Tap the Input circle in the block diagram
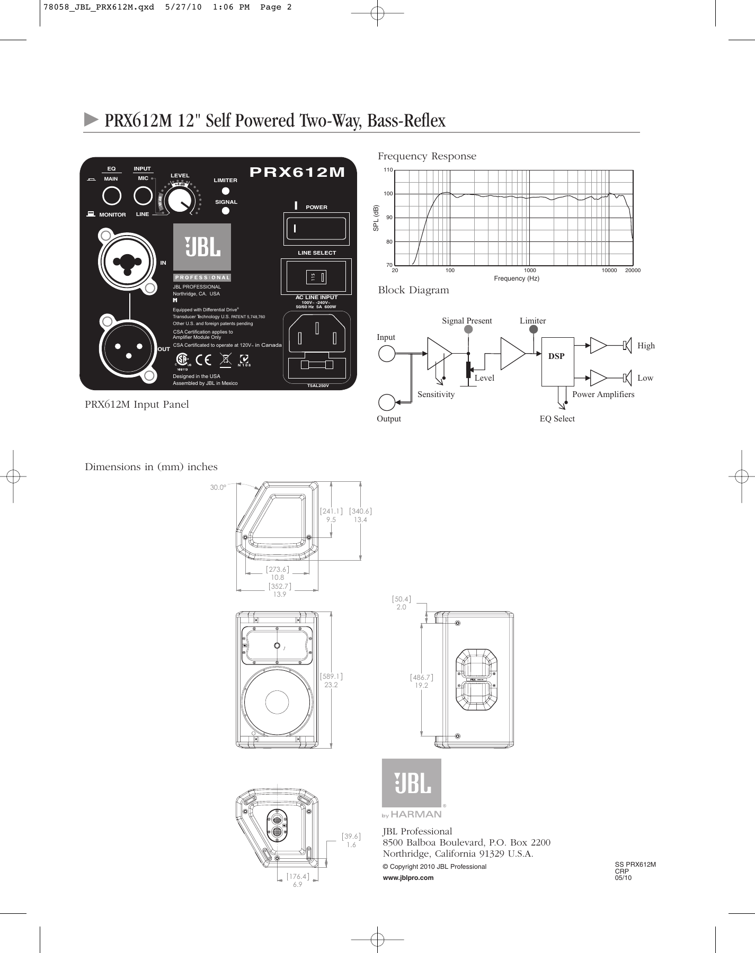coord(387,353)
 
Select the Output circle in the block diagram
coord(387,402)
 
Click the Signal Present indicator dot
coord(468,329)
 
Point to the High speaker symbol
coord(627,346)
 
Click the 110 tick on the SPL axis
coord(388,170)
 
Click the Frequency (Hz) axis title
coord(516,278)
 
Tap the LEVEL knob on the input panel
coord(180,200)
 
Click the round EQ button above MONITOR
coord(111,196)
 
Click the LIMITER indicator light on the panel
coord(225,191)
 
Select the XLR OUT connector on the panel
coord(128,347)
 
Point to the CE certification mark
coord(203,359)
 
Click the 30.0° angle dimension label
coord(218,487)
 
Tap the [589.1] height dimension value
coord(331,676)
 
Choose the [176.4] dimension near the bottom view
coord(298,876)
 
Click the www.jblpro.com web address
coord(408,878)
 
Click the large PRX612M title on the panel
coord(297,172)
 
